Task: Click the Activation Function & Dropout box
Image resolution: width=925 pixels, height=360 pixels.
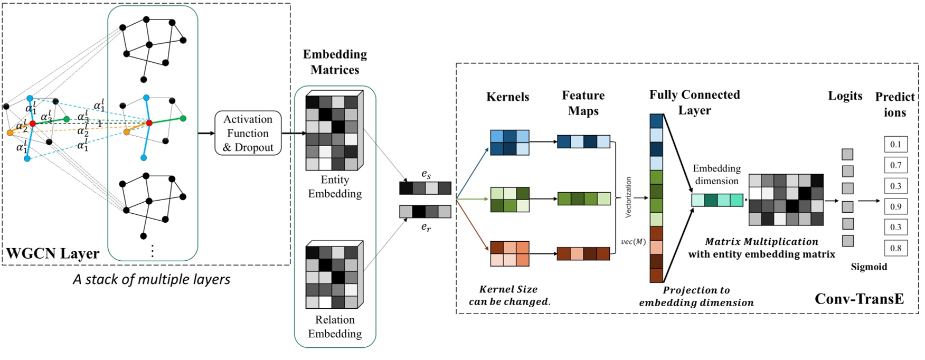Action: click(x=248, y=133)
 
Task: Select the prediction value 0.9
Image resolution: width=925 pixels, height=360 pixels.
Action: click(x=895, y=206)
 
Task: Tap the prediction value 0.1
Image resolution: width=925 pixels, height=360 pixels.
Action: click(x=895, y=144)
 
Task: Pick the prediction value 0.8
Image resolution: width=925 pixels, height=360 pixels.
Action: click(x=895, y=248)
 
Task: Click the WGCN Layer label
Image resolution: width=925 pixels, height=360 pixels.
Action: click(x=53, y=253)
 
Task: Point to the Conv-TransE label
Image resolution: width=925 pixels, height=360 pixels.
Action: click(x=859, y=299)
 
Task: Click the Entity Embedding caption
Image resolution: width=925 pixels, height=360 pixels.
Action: click(x=335, y=187)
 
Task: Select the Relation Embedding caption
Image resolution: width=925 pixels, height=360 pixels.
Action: click(x=335, y=327)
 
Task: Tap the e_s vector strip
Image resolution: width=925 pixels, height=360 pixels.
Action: click(x=425, y=188)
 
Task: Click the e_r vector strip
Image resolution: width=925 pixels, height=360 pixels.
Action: click(x=425, y=212)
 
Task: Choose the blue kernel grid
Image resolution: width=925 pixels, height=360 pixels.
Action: click(x=509, y=143)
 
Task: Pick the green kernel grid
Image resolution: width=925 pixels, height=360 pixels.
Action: click(x=509, y=199)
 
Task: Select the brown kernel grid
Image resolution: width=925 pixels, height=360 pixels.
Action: click(x=509, y=253)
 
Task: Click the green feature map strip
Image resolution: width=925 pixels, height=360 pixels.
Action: click(x=583, y=199)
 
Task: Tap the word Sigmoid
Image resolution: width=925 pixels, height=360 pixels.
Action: click(x=869, y=267)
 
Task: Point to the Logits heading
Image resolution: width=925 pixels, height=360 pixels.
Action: click(x=845, y=96)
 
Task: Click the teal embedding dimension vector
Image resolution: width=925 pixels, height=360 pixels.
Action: click(x=717, y=200)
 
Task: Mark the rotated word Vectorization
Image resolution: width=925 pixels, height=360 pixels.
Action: click(x=628, y=197)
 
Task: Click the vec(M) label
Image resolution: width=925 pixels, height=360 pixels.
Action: click(x=633, y=242)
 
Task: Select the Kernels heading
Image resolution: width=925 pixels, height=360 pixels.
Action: click(x=507, y=97)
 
